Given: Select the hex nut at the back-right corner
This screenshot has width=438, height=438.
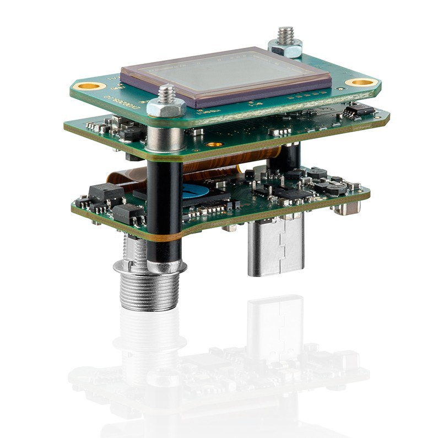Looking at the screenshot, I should [x=285, y=49].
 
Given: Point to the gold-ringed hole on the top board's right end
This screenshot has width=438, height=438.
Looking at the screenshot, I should [x=361, y=82].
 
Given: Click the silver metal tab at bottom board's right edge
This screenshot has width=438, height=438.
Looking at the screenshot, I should [x=348, y=208].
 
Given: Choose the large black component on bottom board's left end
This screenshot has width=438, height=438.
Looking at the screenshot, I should [x=105, y=192].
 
